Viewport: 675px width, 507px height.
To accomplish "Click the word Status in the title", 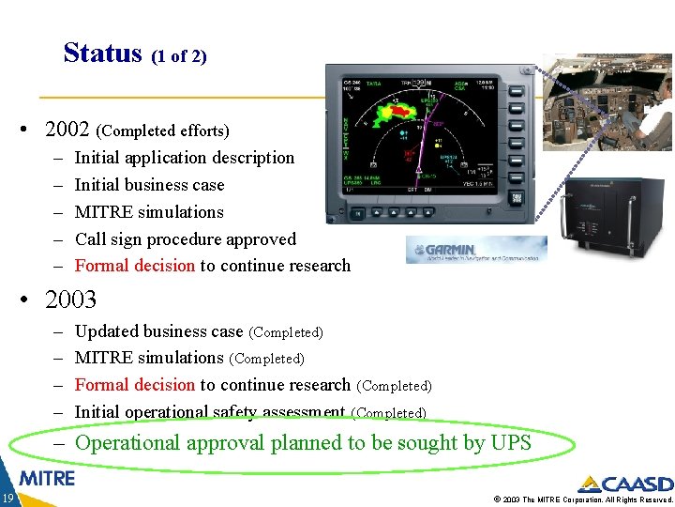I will click(102, 53).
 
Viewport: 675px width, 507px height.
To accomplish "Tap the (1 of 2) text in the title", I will click(178, 56).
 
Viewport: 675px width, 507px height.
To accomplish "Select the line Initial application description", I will click(184, 158).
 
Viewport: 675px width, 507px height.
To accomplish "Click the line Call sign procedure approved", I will click(185, 239).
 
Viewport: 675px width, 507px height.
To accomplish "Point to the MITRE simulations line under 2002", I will click(149, 212).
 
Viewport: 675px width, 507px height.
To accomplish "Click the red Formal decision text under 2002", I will click(134, 266).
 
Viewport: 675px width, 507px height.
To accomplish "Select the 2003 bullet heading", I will click(70, 300).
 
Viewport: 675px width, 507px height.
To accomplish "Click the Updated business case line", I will click(158, 331).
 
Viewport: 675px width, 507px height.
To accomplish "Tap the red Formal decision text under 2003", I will click(134, 385).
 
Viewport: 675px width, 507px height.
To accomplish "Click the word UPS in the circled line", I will click(510, 442).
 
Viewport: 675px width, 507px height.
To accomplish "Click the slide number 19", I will click(7, 498).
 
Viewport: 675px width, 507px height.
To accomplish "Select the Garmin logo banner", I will click(476, 250).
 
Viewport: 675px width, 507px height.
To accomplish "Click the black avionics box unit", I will click(609, 226).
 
